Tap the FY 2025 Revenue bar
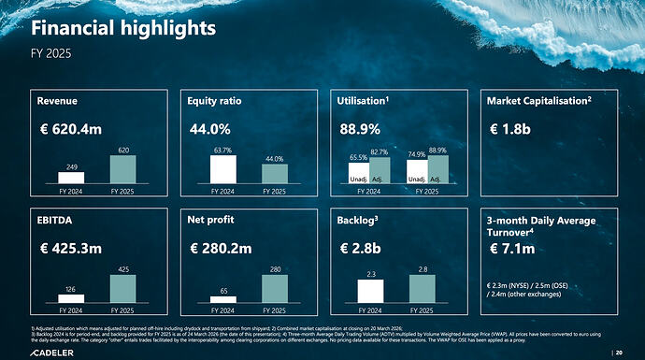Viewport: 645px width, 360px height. tap(122, 168)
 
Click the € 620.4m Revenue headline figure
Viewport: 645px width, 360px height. tap(70, 129)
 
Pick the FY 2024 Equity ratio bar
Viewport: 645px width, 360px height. tap(222, 168)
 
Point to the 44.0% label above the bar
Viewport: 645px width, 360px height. tap(273, 159)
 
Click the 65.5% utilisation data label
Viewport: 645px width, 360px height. tap(358, 158)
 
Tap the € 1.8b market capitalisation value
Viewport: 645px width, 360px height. tap(511, 129)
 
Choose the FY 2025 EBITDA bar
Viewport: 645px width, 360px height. tap(122, 288)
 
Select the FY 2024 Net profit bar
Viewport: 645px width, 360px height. tap(222, 299)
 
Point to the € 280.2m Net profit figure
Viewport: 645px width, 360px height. tap(221, 249)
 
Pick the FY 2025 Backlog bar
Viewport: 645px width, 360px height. tap(423, 288)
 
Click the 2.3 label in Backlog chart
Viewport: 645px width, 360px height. tap(371, 274)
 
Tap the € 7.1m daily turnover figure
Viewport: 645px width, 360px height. tap(512, 249)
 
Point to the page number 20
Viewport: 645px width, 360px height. tap(632, 352)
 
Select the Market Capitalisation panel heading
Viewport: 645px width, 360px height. tap(537, 99)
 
